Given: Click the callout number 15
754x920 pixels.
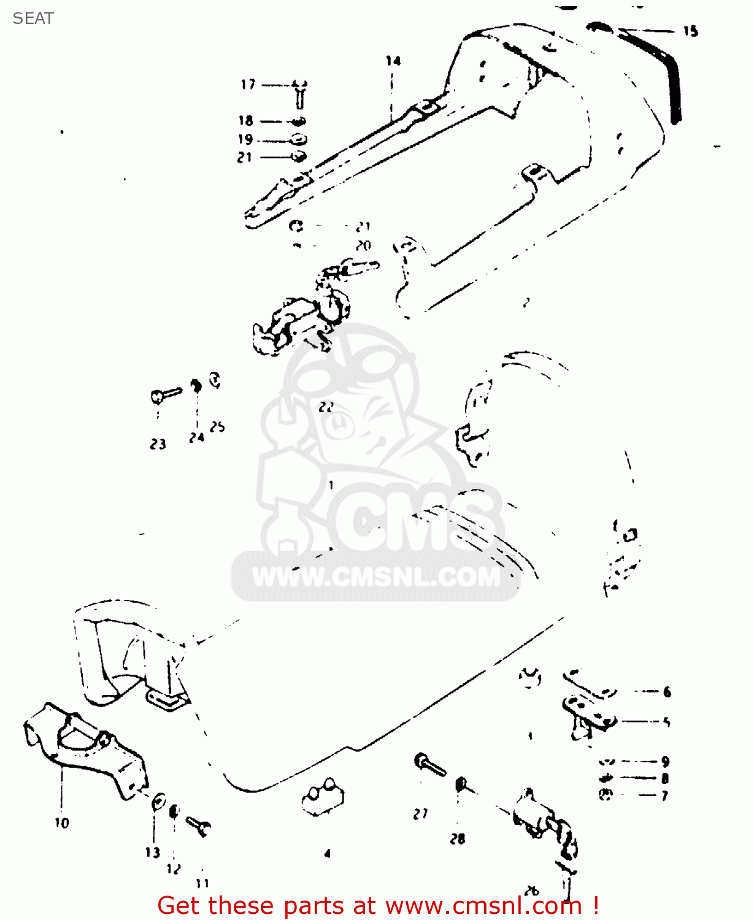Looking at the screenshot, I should click(x=690, y=31).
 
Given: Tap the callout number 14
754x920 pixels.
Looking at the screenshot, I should click(x=393, y=61).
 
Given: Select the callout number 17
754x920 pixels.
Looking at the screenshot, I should click(x=248, y=85).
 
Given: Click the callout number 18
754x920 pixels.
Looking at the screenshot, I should click(x=246, y=121).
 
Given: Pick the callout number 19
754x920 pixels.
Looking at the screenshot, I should click(x=245, y=139).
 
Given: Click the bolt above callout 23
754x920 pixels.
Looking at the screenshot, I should click(x=165, y=394).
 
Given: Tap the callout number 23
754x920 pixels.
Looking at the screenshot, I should click(x=158, y=444).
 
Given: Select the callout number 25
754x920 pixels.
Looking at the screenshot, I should click(x=217, y=427).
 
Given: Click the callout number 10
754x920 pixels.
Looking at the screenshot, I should click(x=62, y=823).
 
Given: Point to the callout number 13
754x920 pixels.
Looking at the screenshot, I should click(x=153, y=853).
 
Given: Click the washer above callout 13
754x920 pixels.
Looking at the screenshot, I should click(x=158, y=802).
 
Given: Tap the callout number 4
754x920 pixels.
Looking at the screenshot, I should click(x=328, y=853).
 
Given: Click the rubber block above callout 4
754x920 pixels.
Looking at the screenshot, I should click(x=323, y=798).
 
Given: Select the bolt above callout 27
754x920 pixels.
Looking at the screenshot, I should click(x=429, y=764).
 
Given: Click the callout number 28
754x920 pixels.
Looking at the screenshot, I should click(x=458, y=839).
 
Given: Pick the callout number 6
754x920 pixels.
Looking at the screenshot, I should click(x=667, y=692).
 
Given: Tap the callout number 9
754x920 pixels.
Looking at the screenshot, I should click(x=665, y=762).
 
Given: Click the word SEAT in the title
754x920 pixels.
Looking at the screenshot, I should click(x=33, y=18).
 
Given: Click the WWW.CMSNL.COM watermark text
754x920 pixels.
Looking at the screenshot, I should click(x=376, y=577).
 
